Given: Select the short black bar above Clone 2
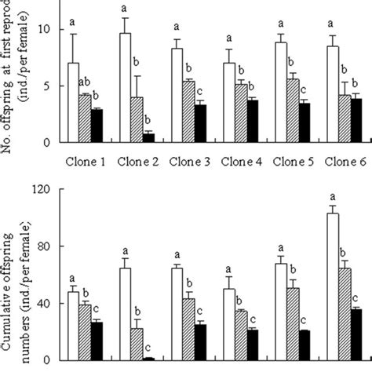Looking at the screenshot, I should coord(149,137).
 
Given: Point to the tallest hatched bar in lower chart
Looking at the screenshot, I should coord(344,314).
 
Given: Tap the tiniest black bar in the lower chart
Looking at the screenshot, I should coord(149,358).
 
